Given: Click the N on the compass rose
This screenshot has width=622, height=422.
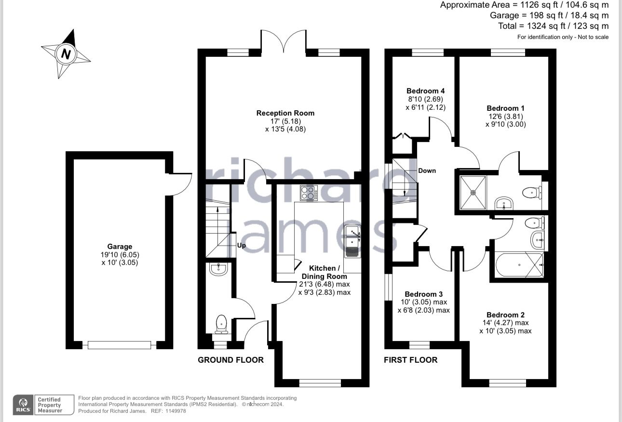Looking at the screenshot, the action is (66, 53).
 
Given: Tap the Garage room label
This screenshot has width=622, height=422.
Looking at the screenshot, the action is (120, 246).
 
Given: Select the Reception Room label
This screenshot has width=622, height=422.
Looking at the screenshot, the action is (285, 113).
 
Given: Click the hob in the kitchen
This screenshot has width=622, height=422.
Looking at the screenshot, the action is (309, 193).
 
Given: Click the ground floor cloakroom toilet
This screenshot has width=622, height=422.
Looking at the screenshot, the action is (221, 324).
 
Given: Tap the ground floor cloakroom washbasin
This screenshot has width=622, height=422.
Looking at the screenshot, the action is (218, 269).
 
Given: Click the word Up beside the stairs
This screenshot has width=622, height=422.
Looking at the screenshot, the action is (241, 246).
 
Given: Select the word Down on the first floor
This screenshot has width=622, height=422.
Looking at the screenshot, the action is (427, 171).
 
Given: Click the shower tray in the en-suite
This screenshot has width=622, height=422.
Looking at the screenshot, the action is (473, 193).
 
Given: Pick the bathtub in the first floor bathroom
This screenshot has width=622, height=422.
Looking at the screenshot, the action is (519, 264).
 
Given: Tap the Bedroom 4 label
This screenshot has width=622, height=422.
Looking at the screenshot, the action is (425, 91).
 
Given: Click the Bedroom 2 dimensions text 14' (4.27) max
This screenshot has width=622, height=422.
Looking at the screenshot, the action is (505, 323).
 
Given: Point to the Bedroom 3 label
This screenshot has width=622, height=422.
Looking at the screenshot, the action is (423, 294).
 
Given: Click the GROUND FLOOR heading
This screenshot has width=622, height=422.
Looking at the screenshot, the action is (230, 360).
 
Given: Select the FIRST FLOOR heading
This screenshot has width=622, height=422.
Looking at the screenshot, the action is (410, 360).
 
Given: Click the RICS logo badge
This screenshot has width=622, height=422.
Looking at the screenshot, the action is (23, 405).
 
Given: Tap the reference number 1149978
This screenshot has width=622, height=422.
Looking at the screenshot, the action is (175, 411).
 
